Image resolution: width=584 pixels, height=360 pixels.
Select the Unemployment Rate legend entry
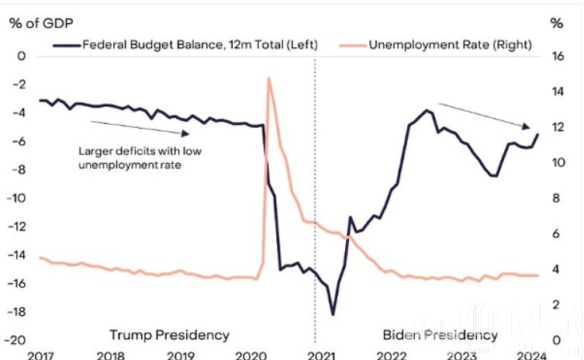(x=450, y=44)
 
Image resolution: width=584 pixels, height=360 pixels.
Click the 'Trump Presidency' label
(x=169, y=335)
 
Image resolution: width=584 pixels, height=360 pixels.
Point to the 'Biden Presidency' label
(x=440, y=335)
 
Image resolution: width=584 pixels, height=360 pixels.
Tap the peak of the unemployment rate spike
(x=268, y=78)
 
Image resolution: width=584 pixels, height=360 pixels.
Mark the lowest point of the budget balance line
(x=333, y=314)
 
